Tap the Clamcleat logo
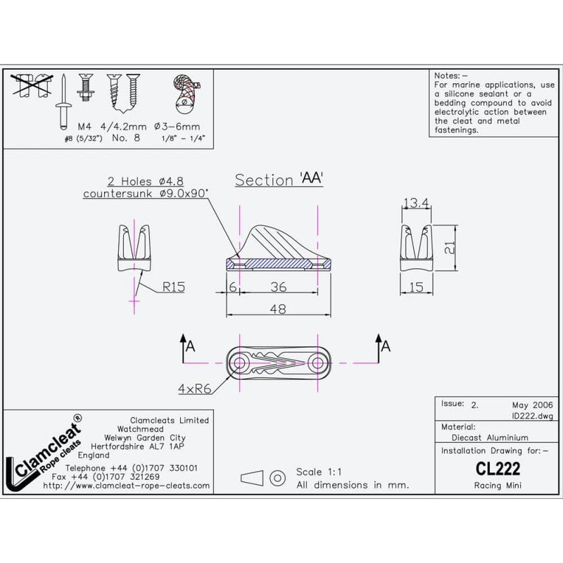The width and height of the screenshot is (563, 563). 42,455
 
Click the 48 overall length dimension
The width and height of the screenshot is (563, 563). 278,308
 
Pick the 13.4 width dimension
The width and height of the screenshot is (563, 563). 417,203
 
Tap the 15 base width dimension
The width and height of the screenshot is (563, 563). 416,287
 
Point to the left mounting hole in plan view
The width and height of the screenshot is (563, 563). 240,363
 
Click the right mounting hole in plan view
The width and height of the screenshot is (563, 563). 317,363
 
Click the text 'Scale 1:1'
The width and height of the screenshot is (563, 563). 321,472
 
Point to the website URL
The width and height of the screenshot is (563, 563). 127,486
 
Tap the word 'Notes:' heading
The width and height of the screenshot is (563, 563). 448,75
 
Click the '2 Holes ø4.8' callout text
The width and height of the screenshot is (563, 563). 147,181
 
